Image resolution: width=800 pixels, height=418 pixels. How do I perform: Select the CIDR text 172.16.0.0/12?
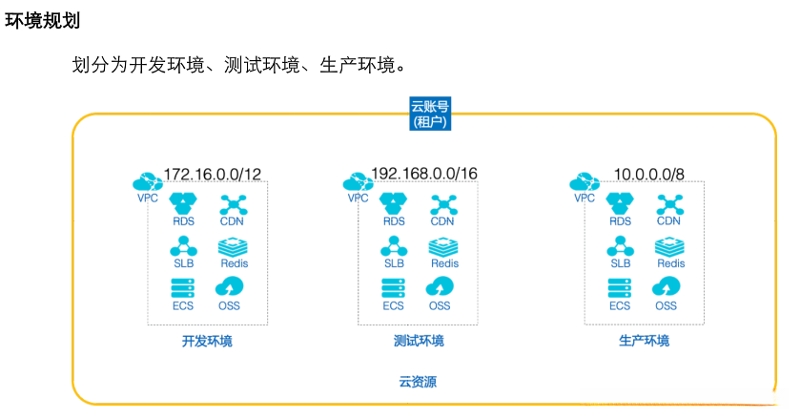213,174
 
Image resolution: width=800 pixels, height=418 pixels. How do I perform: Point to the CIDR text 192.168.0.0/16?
423,174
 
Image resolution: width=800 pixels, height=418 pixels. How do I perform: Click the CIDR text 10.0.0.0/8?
649,174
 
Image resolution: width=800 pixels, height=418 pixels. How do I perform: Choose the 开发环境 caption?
206,341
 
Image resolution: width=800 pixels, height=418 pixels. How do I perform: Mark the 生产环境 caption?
644,341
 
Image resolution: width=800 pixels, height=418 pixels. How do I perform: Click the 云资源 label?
418,382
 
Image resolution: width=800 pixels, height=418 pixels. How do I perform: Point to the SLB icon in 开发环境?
182,245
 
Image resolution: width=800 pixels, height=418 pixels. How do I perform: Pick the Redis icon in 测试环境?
443,245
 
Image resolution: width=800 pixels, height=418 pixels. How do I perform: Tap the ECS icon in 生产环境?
620,286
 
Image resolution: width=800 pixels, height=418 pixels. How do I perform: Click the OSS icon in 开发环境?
229,286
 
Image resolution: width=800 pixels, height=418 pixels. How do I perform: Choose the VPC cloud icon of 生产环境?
583,181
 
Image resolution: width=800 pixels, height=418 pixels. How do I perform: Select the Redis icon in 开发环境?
234,245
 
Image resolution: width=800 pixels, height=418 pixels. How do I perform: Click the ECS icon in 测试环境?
394,286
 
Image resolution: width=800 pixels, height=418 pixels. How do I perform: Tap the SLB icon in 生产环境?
620,245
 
